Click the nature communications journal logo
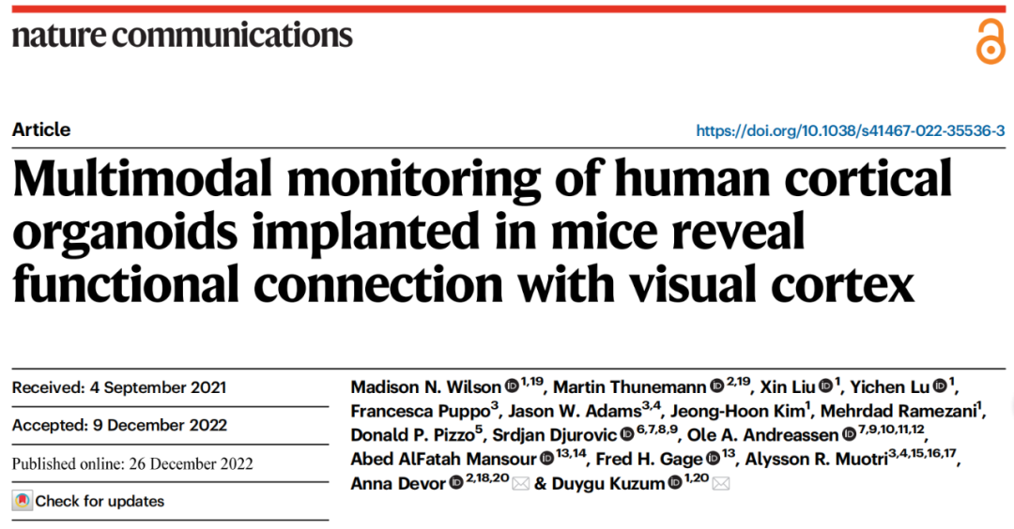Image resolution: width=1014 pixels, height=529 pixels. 182,36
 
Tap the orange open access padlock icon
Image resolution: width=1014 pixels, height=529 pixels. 990,42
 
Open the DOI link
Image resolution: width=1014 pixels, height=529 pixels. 851,131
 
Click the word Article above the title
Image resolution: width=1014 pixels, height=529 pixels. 41,130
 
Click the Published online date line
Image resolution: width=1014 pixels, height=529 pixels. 132,463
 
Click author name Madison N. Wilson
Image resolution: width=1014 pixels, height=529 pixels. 425,387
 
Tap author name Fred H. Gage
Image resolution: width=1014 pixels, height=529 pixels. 655,459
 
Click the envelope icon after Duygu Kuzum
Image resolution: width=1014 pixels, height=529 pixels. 721,484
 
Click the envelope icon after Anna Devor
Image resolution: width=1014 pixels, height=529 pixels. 519,484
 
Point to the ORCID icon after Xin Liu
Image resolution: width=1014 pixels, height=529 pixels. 825,385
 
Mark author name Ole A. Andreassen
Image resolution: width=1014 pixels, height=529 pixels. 760,435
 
